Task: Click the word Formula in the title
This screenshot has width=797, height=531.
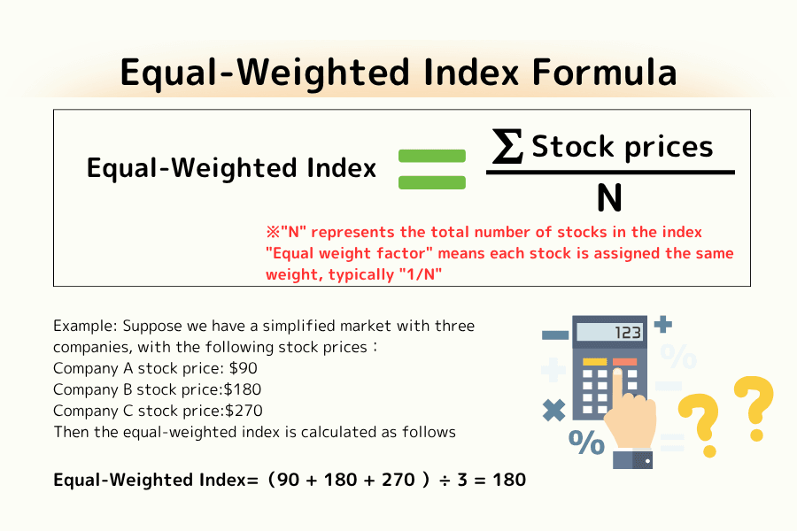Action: pos(605,72)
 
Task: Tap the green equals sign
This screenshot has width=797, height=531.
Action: pos(432,169)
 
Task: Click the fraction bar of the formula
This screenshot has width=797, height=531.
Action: pos(610,172)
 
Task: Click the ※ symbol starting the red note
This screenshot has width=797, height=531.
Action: pos(273,233)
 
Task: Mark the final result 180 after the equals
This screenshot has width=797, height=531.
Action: pos(508,481)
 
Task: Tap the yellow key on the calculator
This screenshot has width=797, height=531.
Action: pos(594,361)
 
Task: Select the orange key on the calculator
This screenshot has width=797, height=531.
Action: pos(624,361)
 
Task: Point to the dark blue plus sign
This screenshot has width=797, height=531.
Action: pos(662,325)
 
